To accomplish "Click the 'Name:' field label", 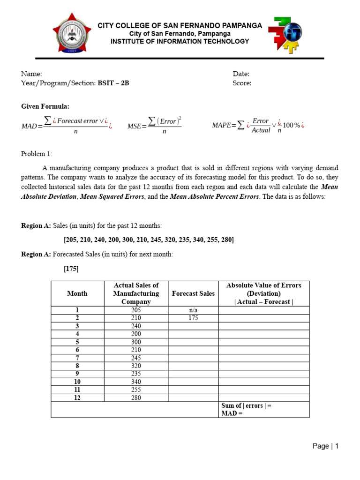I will pyautogui.click(x=31, y=74).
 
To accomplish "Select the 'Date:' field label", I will pyautogui.click(x=241, y=74).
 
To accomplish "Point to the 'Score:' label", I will pyautogui.click(x=242, y=83).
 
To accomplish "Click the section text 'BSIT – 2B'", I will pyautogui.click(x=113, y=83).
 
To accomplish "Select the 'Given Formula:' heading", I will pyautogui.click(x=45, y=107).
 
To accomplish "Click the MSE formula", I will pyautogui.click(x=154, y=125).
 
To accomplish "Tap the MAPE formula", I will pyautogui.click(x=258, y=125).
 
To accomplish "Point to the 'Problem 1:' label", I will pyautogui.click(x=37, y=154).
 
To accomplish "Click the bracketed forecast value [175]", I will pyautogui.click(x=71, y=269).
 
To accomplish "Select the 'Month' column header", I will pyautogui.click(x=77, y=293).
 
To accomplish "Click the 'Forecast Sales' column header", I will pyautogui.click(x=193, y=293).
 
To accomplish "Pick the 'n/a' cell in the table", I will pyautogui.click(x=193, y=310).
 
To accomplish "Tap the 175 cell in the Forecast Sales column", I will pyautogui.click(x=193, y=318).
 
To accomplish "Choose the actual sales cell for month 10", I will pyautogui.click(x=136, y=382).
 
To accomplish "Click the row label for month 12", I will pyautogui.click(x=77, y=397).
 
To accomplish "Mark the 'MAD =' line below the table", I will pyautogui.click(x=232, y=413).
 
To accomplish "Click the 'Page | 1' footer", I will pyautogui.click(x=325, y=446).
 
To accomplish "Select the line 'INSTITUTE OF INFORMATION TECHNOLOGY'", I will pyautogui.click(x=180, y=42).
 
